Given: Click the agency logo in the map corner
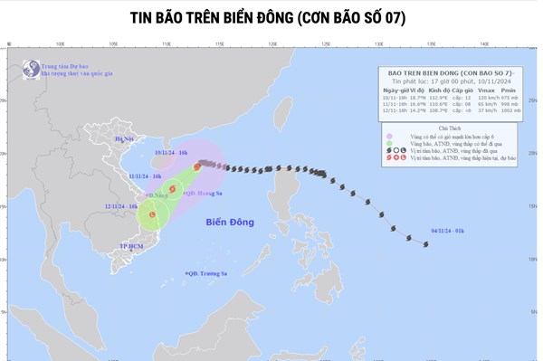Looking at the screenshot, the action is (x=32, y=68).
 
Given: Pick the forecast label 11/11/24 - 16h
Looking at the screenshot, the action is (x=145, y=176).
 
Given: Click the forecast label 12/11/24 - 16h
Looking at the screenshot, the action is (x=120, y=207).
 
